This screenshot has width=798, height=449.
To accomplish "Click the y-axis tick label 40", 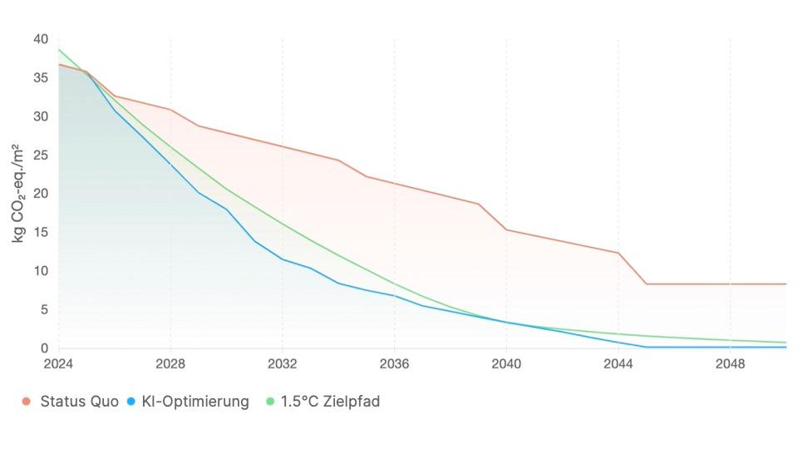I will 41,39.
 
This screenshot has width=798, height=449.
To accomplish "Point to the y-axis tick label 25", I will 41,155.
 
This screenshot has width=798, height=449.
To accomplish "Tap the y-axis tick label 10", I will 41,271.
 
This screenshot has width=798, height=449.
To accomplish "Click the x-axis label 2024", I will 59,364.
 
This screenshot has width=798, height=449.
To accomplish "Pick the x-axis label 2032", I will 283,364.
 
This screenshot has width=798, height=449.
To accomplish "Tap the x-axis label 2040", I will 506,364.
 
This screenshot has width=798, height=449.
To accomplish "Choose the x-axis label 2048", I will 730,364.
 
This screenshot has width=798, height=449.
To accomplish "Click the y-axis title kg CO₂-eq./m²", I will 17,193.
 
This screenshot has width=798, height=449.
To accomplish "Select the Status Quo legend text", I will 75,402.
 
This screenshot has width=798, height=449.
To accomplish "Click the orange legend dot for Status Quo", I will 27,402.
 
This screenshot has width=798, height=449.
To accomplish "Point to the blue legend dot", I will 132,402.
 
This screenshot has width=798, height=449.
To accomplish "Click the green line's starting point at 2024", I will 59,50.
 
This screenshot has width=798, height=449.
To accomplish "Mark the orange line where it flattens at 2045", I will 646,284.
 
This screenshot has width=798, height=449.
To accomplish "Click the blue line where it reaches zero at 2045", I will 646,347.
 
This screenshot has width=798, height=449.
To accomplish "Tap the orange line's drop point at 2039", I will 479,204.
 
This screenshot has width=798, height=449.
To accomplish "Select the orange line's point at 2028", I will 170,109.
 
